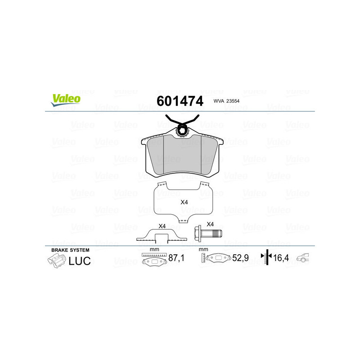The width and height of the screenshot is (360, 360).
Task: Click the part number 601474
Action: [x=180, y=100]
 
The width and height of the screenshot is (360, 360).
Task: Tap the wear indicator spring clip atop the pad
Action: [x=182, y=124]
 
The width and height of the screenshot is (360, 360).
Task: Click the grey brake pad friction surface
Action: [x=182, y=155]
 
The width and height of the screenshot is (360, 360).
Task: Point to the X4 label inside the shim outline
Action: [x=184, y=202]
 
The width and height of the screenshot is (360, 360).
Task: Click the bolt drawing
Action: [x=208, y=234]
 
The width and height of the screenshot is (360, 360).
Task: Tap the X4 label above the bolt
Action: [x=210, y=224]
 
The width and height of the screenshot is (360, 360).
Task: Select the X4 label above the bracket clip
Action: [x=162, y=226]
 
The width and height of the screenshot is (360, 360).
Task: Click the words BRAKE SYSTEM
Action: [x=70, y=250]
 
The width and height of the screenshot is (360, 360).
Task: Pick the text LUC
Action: [x=80, y=261]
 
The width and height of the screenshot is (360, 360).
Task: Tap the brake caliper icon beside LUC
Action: [x=56, y=261]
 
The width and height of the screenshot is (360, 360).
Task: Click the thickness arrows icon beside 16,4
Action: [x=267, y=257]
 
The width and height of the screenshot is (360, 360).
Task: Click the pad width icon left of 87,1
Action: [x=153, y=260]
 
